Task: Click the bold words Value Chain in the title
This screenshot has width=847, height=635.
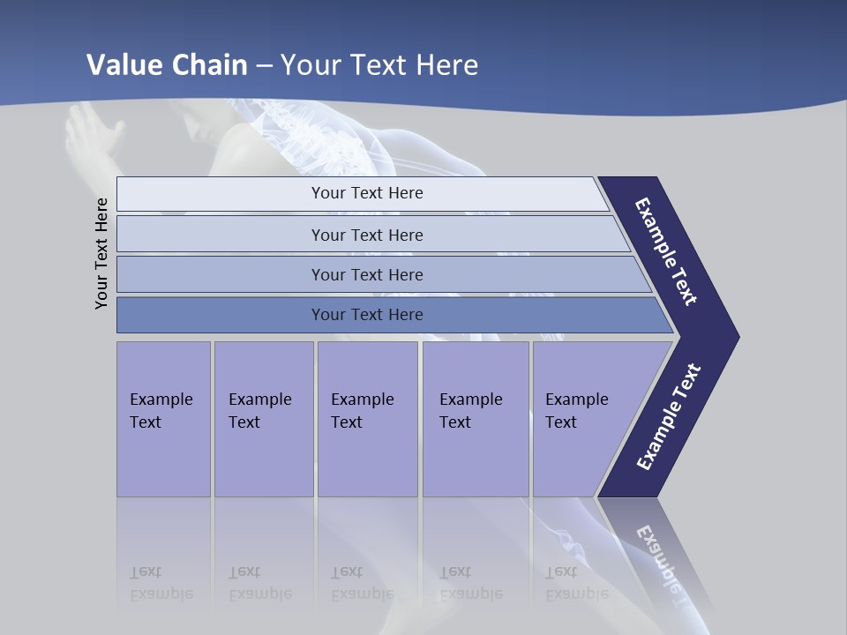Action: point(167,64)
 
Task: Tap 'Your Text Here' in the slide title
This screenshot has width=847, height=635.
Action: point(379,64)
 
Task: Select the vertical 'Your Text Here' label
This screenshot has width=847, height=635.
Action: point(101,253)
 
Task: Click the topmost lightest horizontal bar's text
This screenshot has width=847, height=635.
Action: point(367,193)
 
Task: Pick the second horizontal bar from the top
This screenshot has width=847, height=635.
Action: point(367,235)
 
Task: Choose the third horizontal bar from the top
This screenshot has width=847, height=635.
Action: point(367,274)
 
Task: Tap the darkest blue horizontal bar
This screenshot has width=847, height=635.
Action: point(367,315)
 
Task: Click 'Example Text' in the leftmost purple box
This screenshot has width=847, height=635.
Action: point(161,410)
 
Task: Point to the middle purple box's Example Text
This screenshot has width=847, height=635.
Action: point(362,410)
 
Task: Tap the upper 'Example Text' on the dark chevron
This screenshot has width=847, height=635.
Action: point(666,251)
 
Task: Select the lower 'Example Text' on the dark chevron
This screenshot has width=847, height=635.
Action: point(668,417)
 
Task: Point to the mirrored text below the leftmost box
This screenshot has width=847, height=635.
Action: point(161,583)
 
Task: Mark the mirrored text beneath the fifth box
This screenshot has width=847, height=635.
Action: point(576,583)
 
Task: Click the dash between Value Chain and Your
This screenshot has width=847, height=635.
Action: point(264,66)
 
